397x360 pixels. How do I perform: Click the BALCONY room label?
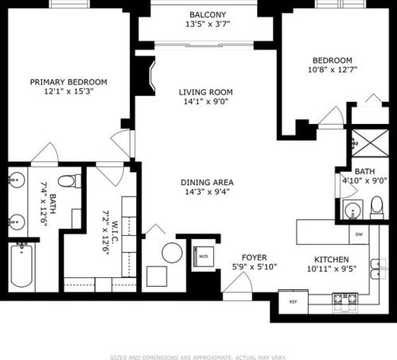pyautogui.click(x=208, y=15)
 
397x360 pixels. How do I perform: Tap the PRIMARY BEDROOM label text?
pyautogui.click(x=68, y=82)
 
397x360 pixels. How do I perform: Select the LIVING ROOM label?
pyautogui.click(x=205, y=92)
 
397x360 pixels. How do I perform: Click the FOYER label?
pyautogui.click(x=254, y=258)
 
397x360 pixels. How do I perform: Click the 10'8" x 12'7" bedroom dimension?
pyautogui.click(x=332, y=69)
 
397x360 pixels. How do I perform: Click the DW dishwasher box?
pyautogui.click(x=360, y=234)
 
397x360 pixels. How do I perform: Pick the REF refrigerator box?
pyautogui.click(x=293, y=302)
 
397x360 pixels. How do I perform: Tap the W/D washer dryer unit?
pyautogui.click(x=203, y=256)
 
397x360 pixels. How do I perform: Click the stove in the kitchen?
pyautogui.click(x=344, y=300)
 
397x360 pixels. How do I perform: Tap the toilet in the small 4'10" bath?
pyautogui.click(x=377, y=209)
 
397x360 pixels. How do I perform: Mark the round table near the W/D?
pyautogui.click(x=173, y=255)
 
